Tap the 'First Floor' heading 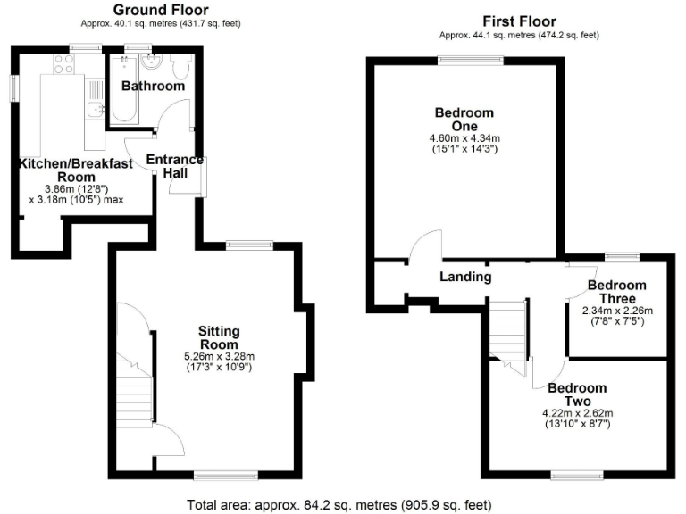[518, 21]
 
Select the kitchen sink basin [96, 110]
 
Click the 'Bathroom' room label [153, 87]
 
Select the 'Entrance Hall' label [175, 166]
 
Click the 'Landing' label [465, 277]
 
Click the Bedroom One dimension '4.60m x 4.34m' [464, 138]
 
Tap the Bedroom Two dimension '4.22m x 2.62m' [577, 413]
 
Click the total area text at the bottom [339, 504]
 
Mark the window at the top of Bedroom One [469, 60]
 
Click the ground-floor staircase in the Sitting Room [133, 392]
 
